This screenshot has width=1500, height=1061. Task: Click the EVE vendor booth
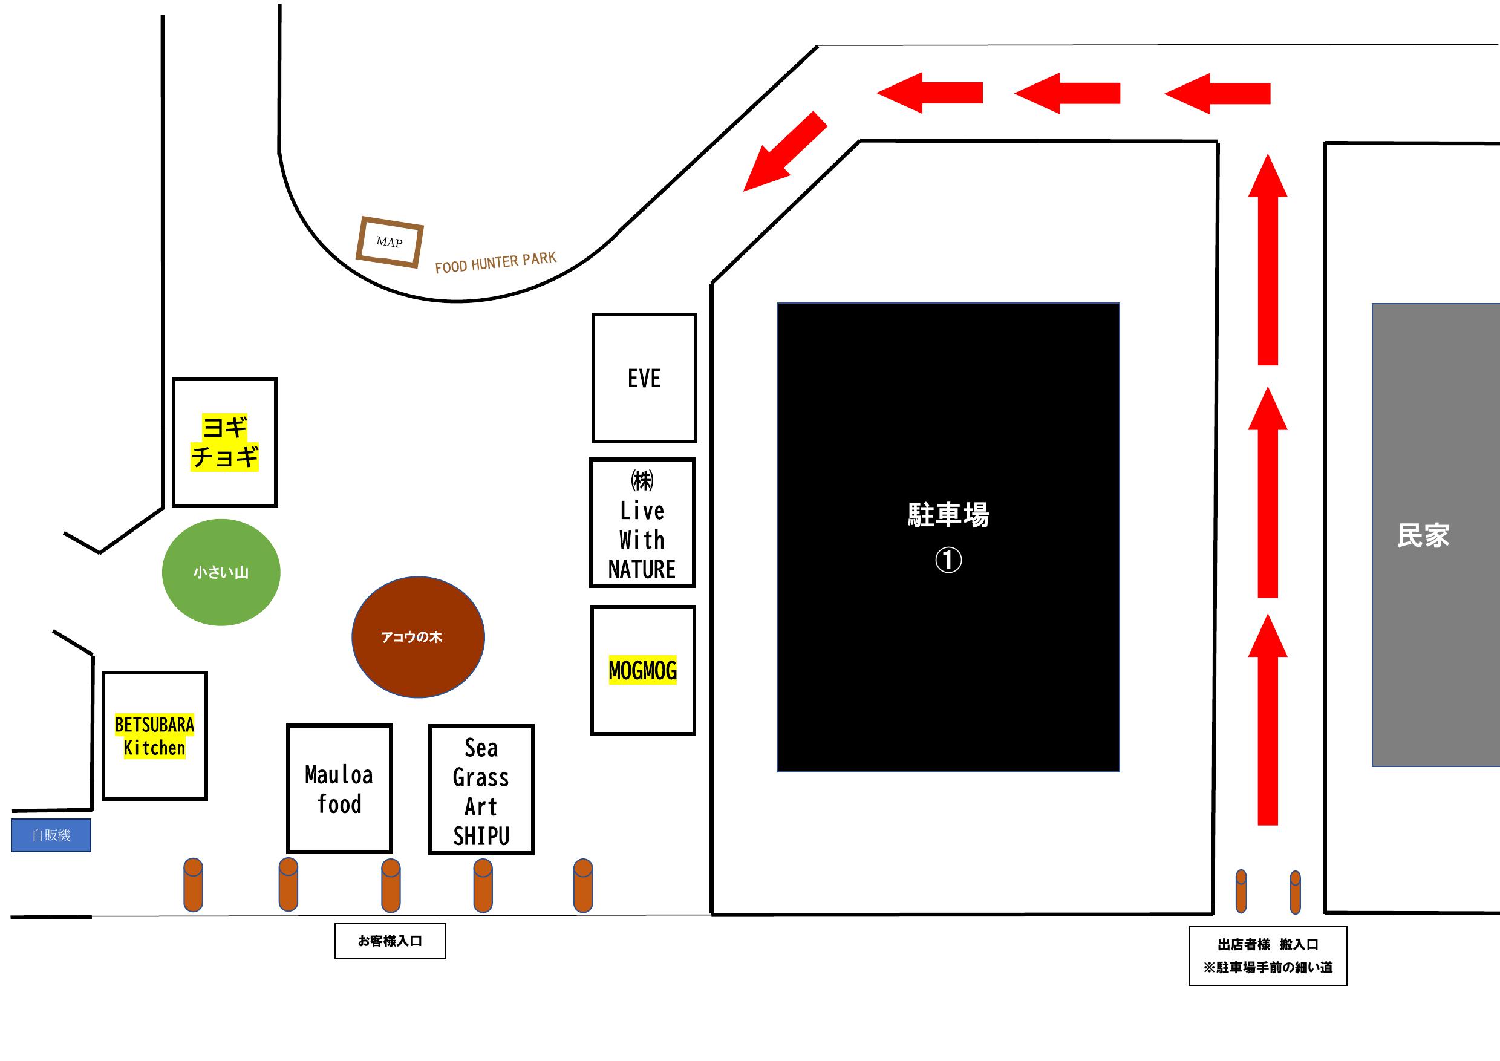point(644,378)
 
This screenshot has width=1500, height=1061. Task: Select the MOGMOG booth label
point(642,670)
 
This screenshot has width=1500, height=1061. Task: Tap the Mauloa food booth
point(339,789)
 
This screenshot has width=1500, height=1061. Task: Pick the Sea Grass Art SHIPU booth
point(481,790)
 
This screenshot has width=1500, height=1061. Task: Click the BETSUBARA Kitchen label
point(154,736)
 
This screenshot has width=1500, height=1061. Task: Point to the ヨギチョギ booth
point(225,442)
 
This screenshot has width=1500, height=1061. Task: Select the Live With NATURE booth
point(642,523)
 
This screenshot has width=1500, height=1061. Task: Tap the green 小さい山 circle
point(221,572)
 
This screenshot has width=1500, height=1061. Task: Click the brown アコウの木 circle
point(418,637)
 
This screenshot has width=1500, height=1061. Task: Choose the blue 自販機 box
point(51,835)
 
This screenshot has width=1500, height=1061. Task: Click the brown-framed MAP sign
point(390,242)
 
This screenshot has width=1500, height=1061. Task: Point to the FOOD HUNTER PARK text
point(495,263)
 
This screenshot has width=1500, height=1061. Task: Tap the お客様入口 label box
point(390,941)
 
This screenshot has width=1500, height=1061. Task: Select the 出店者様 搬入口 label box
point(1267,956)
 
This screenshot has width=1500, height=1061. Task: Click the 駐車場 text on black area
point(948,515)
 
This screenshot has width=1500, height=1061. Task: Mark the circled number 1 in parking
point(948,560)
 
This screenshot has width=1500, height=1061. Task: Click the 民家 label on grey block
point(1423,536)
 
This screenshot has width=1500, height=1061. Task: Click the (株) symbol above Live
point(642,481)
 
